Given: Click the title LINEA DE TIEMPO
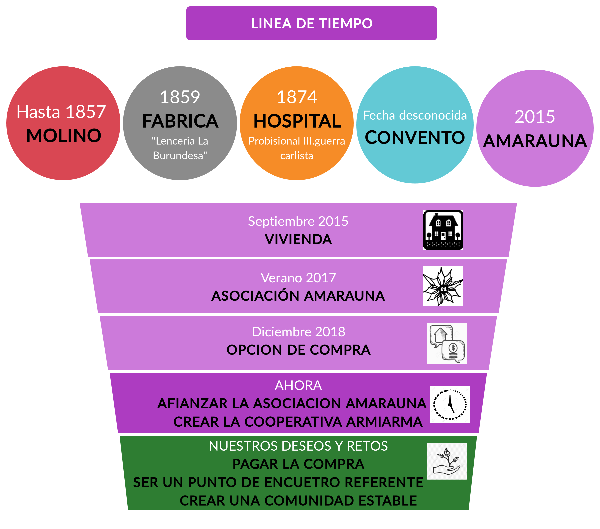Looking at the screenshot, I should (x=311, y=23).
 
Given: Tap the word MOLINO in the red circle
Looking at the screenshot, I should (x=64, y=136).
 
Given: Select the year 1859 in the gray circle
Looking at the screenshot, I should (x=180, y=97).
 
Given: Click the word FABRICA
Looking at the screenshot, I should (x=180, y=121).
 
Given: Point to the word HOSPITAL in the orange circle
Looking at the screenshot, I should (x=297, y=121).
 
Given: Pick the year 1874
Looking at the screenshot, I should (x=297, y=97).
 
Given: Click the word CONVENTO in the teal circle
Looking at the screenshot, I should (x=415, y=138).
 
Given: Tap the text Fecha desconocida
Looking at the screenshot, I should (x=415, y=115).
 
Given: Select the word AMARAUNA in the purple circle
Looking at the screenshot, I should (x=535, y=141).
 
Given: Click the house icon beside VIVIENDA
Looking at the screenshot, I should (x=443, y=230).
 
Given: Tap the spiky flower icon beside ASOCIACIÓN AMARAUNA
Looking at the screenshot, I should (x=443, y=287).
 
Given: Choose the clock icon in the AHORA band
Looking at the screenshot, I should (x=450, y=404).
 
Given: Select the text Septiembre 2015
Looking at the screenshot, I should (x=298, y=221).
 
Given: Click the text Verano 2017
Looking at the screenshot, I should (x=298, y=278).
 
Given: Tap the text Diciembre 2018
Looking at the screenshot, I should (x=298, y=332).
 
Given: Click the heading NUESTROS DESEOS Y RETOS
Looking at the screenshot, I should (x=298, y=446).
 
